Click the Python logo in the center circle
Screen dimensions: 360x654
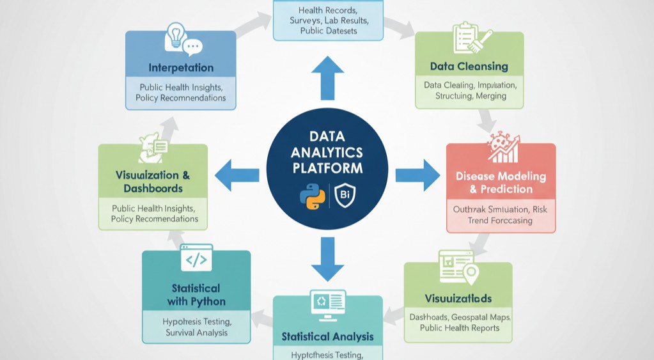tap(312, 196)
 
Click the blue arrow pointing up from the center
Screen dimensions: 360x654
tap(327, 77)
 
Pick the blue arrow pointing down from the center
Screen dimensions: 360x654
tap(327, 258)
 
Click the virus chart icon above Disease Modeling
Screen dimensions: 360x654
tap(502, 149)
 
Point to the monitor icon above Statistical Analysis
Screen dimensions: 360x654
tap(328, 304)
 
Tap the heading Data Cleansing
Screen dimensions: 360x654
tap(469, 67)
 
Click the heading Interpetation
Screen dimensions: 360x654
tap(181, 68)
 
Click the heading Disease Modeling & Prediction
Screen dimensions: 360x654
tap(501, 182)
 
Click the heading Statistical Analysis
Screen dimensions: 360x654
tap(328, 336)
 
